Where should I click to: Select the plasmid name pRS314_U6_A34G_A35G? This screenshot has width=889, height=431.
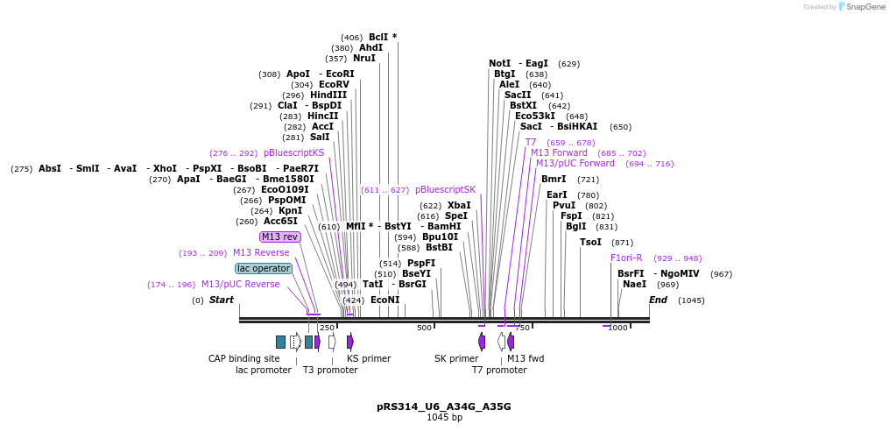443,406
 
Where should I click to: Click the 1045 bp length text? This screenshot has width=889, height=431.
444,418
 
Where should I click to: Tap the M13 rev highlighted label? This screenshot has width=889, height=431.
279,237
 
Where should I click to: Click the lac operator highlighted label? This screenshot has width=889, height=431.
263,268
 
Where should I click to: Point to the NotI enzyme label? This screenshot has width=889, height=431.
499,63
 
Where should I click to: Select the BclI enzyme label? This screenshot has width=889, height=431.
382,37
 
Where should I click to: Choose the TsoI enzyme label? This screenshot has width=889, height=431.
590,242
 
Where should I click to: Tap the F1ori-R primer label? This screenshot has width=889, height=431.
626,258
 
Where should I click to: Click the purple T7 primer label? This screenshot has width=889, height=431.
531,142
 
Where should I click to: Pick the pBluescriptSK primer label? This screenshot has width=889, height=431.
445,189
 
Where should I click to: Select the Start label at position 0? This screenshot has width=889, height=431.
221,300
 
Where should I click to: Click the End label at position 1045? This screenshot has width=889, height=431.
658,300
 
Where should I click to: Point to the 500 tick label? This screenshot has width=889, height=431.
424,328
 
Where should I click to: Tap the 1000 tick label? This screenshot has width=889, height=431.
617,328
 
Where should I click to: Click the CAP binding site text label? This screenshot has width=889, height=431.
243,358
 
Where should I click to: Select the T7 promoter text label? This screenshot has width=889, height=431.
499,370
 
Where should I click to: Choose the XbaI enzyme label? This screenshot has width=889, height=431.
459,205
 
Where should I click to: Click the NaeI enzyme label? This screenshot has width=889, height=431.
634,284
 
